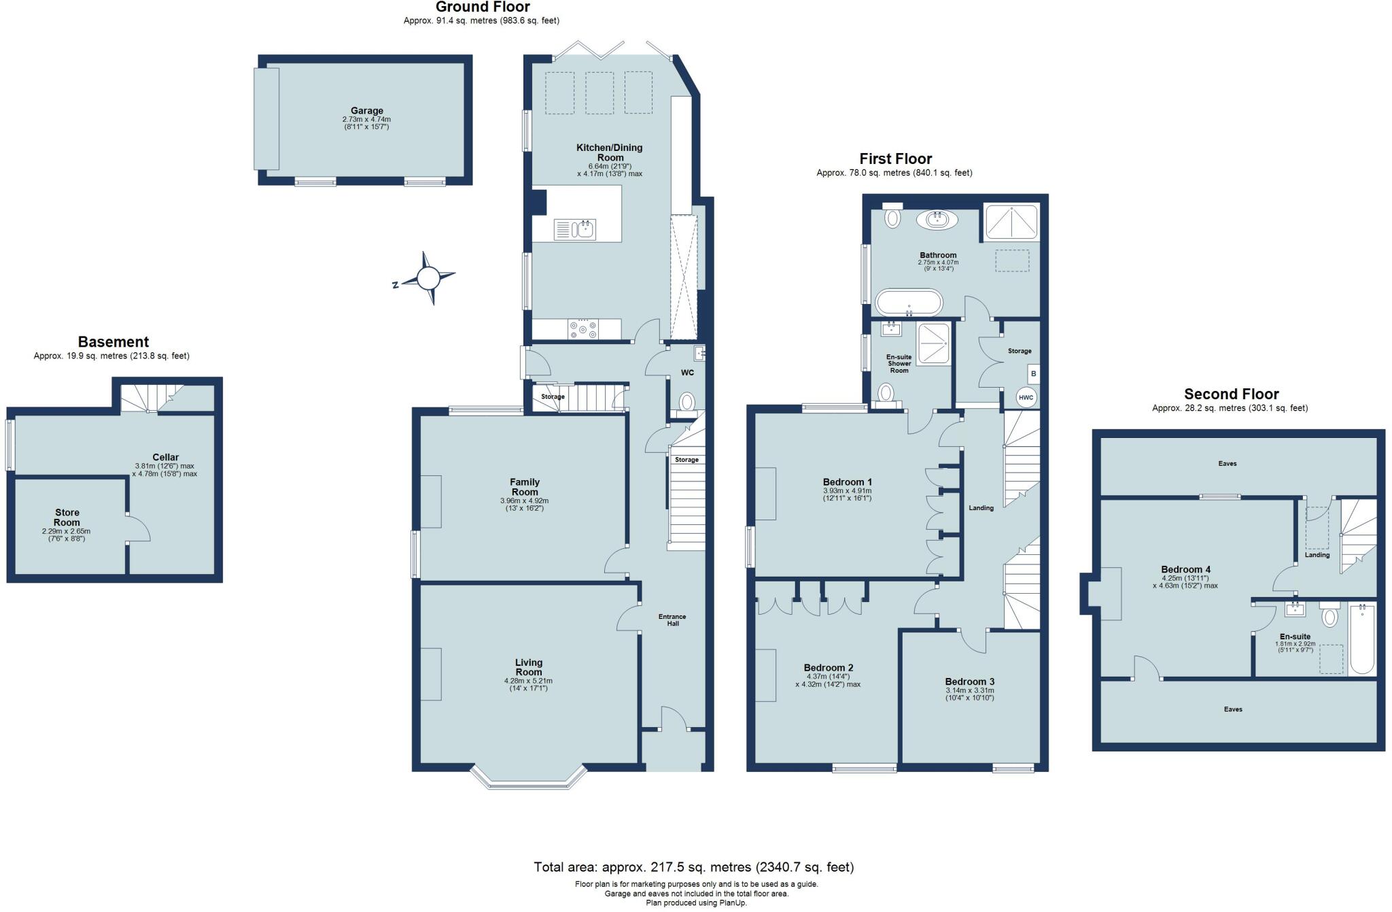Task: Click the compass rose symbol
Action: [x=428, y=277]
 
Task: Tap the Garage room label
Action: [x=366, y=111]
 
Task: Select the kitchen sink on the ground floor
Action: [x=575, y=229]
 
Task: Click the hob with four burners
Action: [x=583, y=329]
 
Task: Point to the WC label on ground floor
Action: [x=687, y=373]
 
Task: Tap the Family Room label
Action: [x=524, y=487]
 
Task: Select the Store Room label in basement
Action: [x=67, y=518]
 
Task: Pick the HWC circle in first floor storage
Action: [x=1026, y=397]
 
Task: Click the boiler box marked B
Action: [x=1033, y=373]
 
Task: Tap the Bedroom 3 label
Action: [x=969, y=681]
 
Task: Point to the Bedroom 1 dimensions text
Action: [x=847, y=494]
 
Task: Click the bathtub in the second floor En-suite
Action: [x=1362, y=639]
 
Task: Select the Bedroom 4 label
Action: [x=1185, y=569]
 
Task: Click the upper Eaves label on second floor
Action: [x=1228, y=463]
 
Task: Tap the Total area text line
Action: [x=693, y=867]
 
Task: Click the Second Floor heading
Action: [x=1231, y=394]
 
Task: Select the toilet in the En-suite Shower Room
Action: [x=886, y=393]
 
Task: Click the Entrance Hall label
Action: [x=672, y=620]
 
